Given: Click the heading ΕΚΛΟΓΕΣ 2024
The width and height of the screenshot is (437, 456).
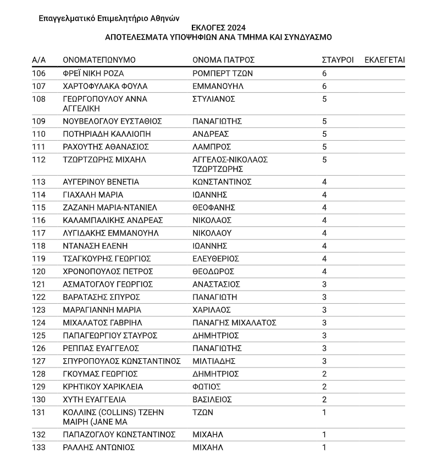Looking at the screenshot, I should (x=218, y=27).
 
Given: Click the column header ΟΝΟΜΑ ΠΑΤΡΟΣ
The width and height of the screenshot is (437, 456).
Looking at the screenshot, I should (x=224, y=60).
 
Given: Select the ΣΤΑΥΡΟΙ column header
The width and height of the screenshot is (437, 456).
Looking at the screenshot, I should (x=338, y=60).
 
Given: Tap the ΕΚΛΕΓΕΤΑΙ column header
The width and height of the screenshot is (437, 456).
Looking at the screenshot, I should (x=385, y=60).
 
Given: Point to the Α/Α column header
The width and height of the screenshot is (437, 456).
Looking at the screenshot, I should (x=39, y=60).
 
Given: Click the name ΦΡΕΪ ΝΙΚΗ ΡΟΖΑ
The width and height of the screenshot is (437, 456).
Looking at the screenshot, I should (x=93, y=74).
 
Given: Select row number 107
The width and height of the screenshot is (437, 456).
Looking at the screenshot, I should (x=39, y=86).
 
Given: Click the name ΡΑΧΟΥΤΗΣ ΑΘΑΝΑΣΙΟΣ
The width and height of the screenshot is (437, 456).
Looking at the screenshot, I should (x=106, y=147).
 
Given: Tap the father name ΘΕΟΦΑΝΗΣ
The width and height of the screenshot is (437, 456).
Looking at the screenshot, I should (x=214, y=208).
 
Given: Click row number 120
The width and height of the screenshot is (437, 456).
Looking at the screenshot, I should (x=39, y=271).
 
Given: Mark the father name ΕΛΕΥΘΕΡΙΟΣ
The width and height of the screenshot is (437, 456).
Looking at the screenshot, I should (x=216, y=259).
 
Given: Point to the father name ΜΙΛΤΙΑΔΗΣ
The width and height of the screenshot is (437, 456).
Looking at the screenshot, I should (x=214, y=361).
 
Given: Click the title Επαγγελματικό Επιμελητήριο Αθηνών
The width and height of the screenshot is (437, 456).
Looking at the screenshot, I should (x=109, y=18).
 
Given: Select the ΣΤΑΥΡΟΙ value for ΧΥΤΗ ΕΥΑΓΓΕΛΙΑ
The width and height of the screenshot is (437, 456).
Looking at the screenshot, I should (x=324, y=399).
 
